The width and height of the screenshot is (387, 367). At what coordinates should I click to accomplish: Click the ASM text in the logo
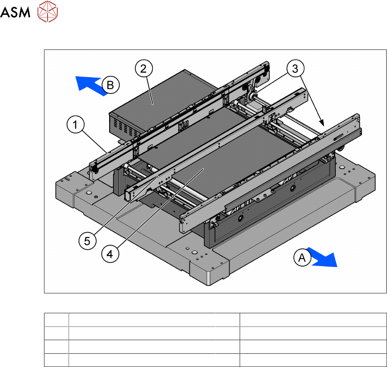(x=16, y=13)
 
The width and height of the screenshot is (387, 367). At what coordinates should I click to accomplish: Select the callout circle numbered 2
(x=143, y=70)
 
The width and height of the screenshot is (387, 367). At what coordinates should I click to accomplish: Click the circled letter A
(x=302, y=257)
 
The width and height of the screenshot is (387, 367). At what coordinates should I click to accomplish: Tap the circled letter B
(x=110, y=85)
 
